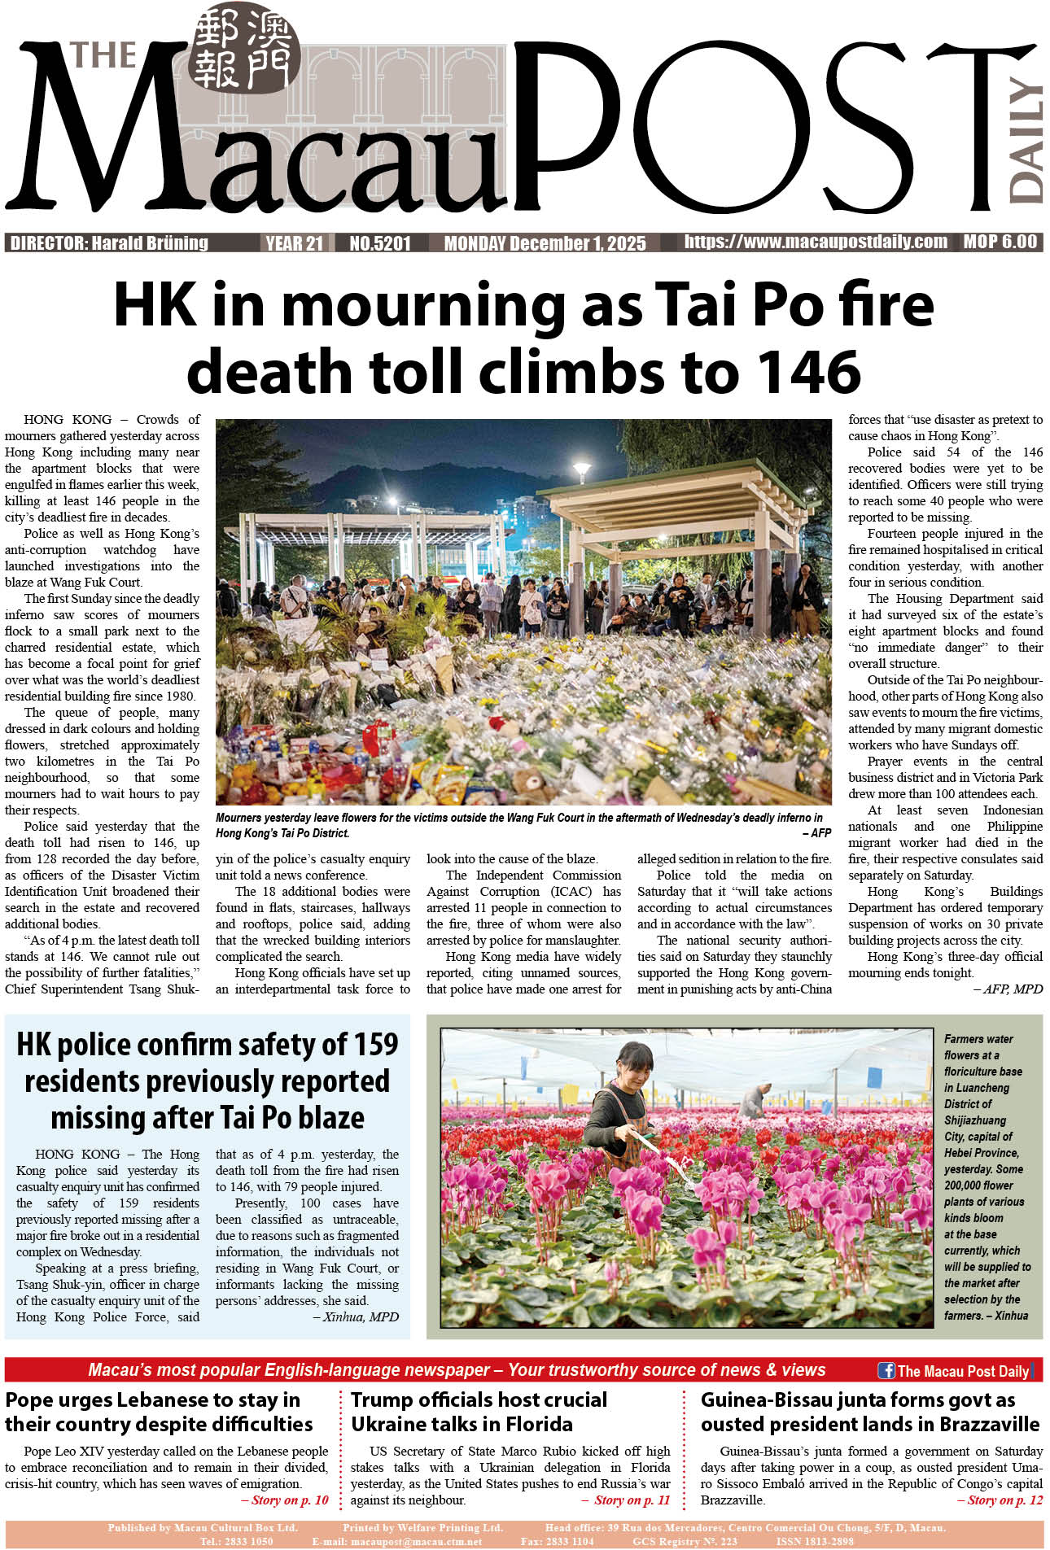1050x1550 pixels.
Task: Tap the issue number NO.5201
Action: [380, 242]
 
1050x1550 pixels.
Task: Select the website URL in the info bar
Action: [816, 242]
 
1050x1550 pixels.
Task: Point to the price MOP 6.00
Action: [1000, 242]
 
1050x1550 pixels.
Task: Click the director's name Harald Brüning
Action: [150, 242]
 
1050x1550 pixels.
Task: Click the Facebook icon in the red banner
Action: [886, 1370]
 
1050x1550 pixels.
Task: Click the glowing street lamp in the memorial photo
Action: [582, 470]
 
